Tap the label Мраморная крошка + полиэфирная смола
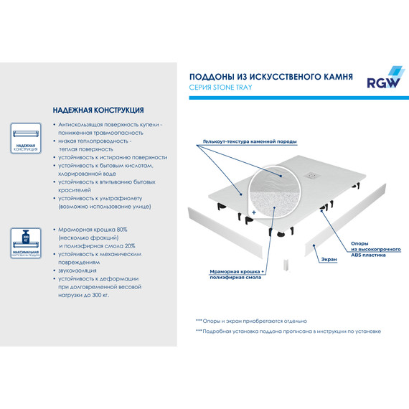pyautogui.click(x=238, y=276)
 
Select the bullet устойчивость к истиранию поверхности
pyautogui.click(x=113, y=157)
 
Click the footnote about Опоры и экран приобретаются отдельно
pyautogui.click(x=251, y=321)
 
